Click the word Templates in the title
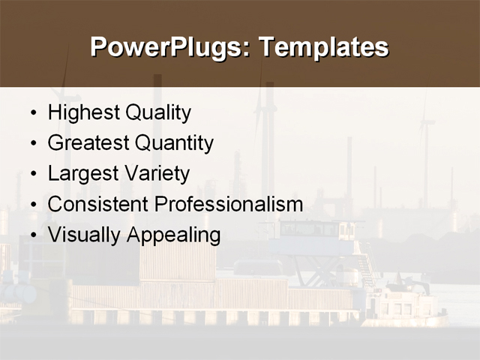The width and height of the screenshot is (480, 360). tap(323, 46)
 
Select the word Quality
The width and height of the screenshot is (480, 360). tap(157, 113)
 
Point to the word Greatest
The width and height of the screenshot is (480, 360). tap(88, 143)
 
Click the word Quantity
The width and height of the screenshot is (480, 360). tap(174, 143)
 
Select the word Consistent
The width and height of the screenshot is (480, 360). tap(97, 204)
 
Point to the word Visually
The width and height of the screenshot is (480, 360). tap(84, 235)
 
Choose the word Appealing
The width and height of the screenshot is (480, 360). tap(174, 235)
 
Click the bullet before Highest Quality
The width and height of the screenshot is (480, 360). tap(32, 114)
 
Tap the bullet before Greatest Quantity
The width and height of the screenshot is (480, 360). tap(32, 144)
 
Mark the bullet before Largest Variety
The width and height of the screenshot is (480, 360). tap(32, 175)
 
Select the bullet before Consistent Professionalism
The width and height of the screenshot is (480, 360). tap(32, 205)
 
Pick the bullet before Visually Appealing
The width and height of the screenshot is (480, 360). tap(32, 235)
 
